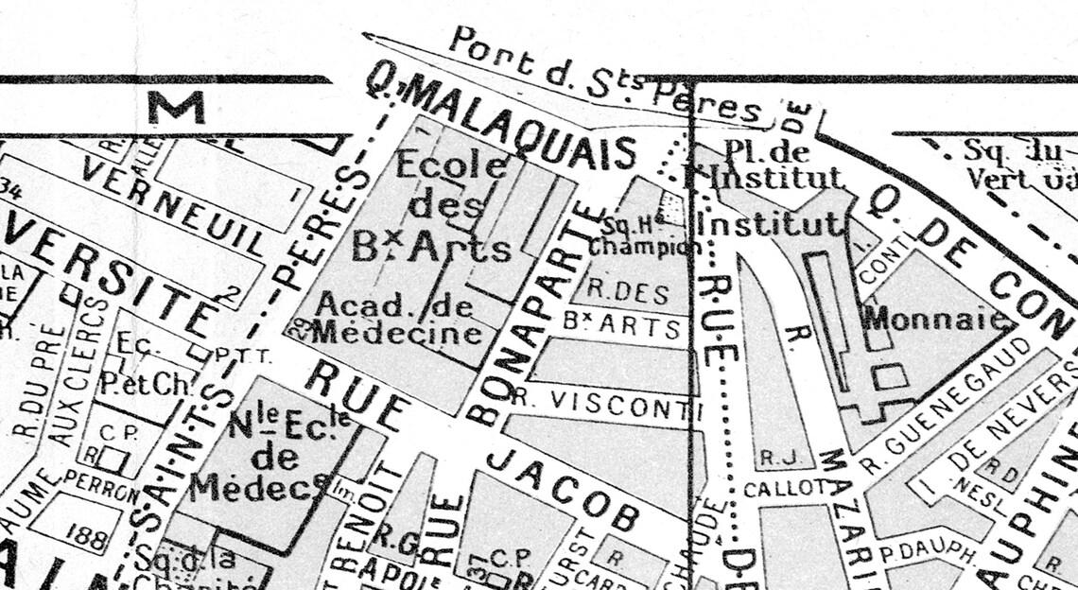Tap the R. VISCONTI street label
coord(597,402)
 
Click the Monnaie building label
coord(934,318)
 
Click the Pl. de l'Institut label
coord(766,163)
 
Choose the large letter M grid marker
coord(175,107)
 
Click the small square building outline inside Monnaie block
coord(889,376)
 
